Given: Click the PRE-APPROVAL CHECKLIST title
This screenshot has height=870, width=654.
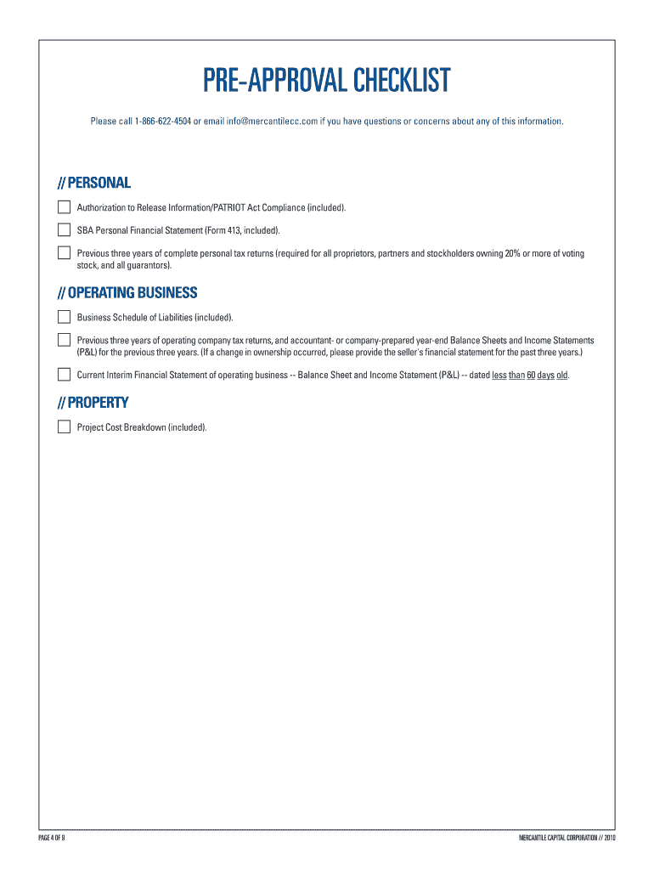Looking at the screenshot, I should pyautogui.click(x=326, y=82).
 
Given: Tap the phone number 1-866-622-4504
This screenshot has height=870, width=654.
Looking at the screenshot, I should pyautogui.click(x=162, y=121).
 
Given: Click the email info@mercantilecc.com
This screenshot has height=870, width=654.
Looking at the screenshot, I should pyautogui.click(x=272, y=121).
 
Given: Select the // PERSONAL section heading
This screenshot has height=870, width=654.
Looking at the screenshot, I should pyautogui.click(x=93, y=183).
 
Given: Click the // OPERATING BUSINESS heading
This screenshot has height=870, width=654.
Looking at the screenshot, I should pyautogui.click(x=127, y=293).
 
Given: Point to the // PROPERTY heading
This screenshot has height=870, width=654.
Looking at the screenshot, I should pyautogui.click(x=93, y=403).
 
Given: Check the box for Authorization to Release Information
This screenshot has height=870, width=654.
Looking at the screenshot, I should pyautogui.click(x=64, y=207).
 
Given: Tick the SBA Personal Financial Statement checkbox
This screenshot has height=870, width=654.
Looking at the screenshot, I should pyautogui.click(x=64, y=229).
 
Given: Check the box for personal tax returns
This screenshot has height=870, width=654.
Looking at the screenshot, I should pyautogui.click(x=64, y=252).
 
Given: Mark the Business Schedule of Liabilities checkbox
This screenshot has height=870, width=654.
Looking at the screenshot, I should pyautogui.click(x=64, y=317).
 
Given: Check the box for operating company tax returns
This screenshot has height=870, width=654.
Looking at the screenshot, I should pyautogui.click(x=64, y=340).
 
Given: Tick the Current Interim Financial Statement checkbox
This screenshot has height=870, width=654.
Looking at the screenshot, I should pyautogui.click(x=64, y=374).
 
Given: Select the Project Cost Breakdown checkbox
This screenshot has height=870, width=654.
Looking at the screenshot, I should pyautogui.click(x=64, y=427).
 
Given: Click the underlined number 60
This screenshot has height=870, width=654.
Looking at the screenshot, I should pyautogui.click(x=531, y=375).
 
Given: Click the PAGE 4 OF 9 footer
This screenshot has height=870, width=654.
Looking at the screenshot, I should pyautogui.click(x=53, y=839).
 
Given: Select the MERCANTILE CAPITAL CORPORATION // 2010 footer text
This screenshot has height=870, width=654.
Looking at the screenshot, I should pyautogui.click(x=567, y=839).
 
